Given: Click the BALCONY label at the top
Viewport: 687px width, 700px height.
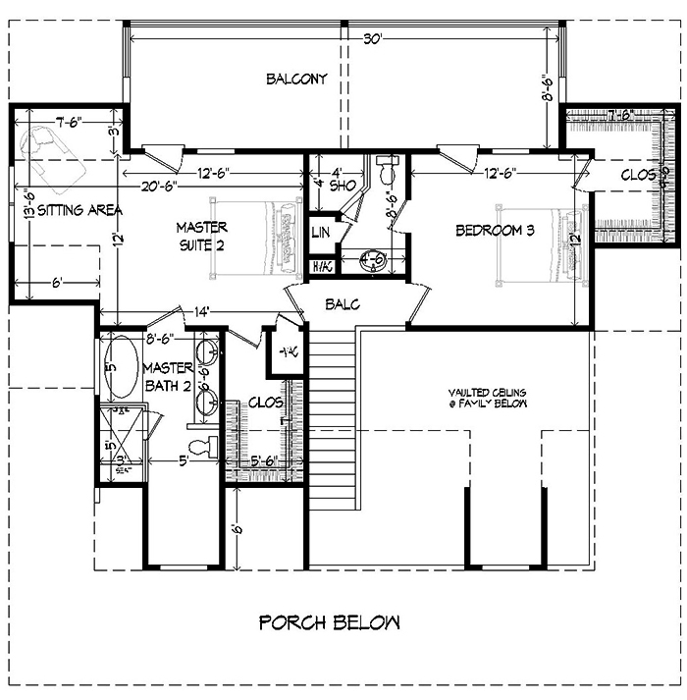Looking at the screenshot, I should [296, 79].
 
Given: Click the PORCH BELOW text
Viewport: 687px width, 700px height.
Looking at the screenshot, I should [330, 621].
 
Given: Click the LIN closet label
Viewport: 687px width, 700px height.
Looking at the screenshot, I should [320, 232].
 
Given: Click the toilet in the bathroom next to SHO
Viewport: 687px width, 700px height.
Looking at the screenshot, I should [386, 171].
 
